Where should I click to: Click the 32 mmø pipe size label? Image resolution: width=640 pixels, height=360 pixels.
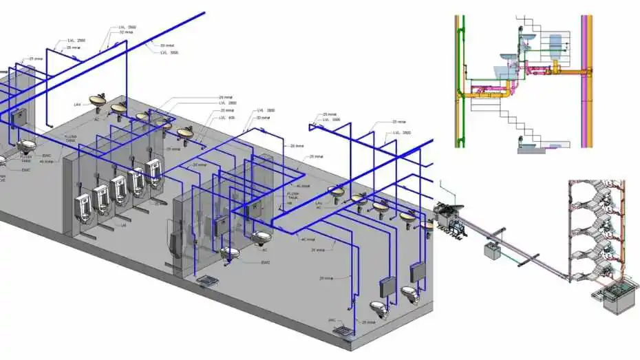pyautogui.click(x=127, y=32)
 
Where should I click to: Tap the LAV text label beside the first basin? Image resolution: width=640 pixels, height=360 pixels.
pyautogui.click(x=78, y=104)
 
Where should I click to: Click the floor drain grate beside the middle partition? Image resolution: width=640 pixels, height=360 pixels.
pyautogui.click(x=207, y=281)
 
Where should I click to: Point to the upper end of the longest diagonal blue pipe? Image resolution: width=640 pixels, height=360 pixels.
pyautogui.click(x=204, y=12)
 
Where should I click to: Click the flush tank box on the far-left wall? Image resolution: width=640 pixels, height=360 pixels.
pyautogui.click(x=18, y=118)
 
